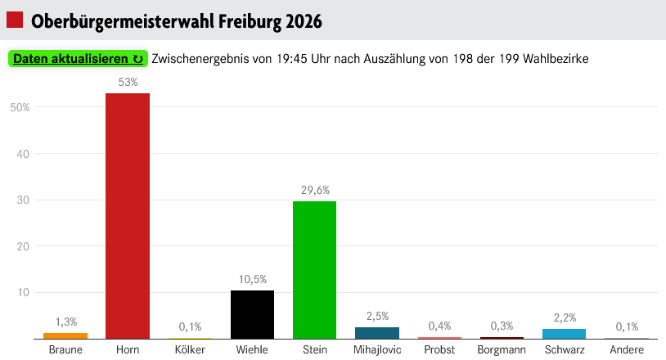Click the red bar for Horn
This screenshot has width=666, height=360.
[x=128, y=216]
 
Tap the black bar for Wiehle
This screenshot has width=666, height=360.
[x=252, y=314]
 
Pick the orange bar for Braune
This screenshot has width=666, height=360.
[x=65, y=335]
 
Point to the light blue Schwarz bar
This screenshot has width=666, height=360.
[x=564, y=334]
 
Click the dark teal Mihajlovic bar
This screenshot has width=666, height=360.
[x=377, y=333]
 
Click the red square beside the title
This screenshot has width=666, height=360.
[x=15, y=20]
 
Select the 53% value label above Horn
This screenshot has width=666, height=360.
[x=128, y=83]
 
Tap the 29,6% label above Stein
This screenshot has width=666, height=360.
[x=314, y=191]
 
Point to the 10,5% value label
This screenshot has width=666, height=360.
[x=252, y=279]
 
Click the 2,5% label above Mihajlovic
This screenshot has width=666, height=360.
[x=377, y=316]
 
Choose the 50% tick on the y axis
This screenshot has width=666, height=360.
[x=20, y=107]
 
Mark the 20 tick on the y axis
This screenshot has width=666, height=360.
[x=24, y=246]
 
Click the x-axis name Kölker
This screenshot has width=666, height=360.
[x=190, y=350]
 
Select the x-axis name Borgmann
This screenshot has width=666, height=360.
[x=502, y=350]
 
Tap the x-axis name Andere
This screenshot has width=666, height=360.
[x=626, y=350]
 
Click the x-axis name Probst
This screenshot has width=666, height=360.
[x=439, y=350]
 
